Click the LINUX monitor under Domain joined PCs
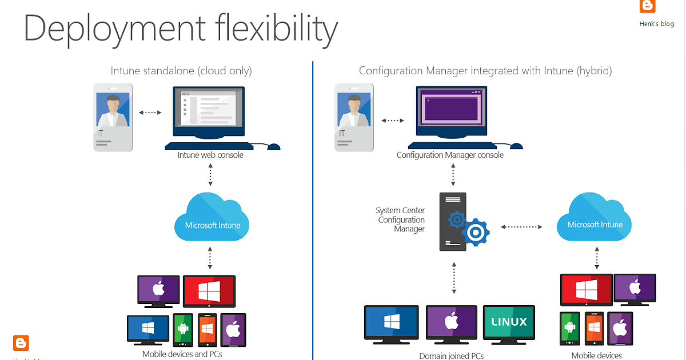click(x=509, y=322)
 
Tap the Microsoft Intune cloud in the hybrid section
click(x=595, y=220)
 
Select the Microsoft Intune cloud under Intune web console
click(x=212, y=220)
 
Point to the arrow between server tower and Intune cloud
click(x=521, y=227)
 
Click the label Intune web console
click(x=210, y=155)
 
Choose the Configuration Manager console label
click(x=450, y=155)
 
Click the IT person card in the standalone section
click(x=113, y=117)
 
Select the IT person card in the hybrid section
click(x=354, y=117)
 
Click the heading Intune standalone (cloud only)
click(x=181, y=71)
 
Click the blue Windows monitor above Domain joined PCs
click(x=392, y=322)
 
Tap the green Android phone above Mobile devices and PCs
click(x=183, y=329)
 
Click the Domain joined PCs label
click(x=452, y=356)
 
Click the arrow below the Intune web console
click(x=210, y=175)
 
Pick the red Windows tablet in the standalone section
click(x=209, y=291)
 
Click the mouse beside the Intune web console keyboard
click(x=274, y=146)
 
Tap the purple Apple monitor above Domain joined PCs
click(x=451, y=322)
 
